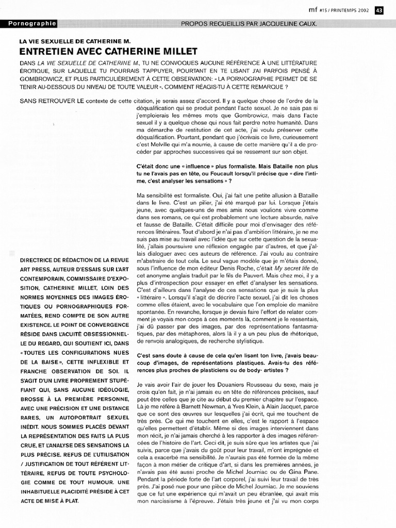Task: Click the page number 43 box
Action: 378,10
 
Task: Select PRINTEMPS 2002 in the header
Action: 352,10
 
